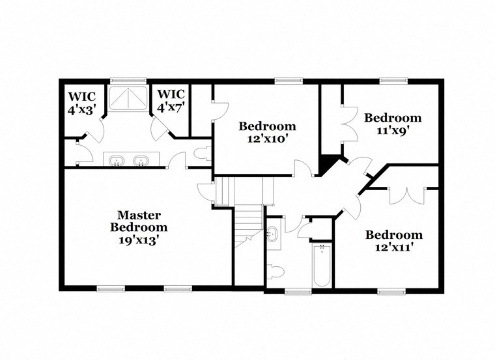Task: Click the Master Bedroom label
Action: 139,221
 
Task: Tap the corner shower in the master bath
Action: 128,98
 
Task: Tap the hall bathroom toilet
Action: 276,271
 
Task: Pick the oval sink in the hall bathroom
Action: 272,235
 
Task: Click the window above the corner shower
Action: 119,81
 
